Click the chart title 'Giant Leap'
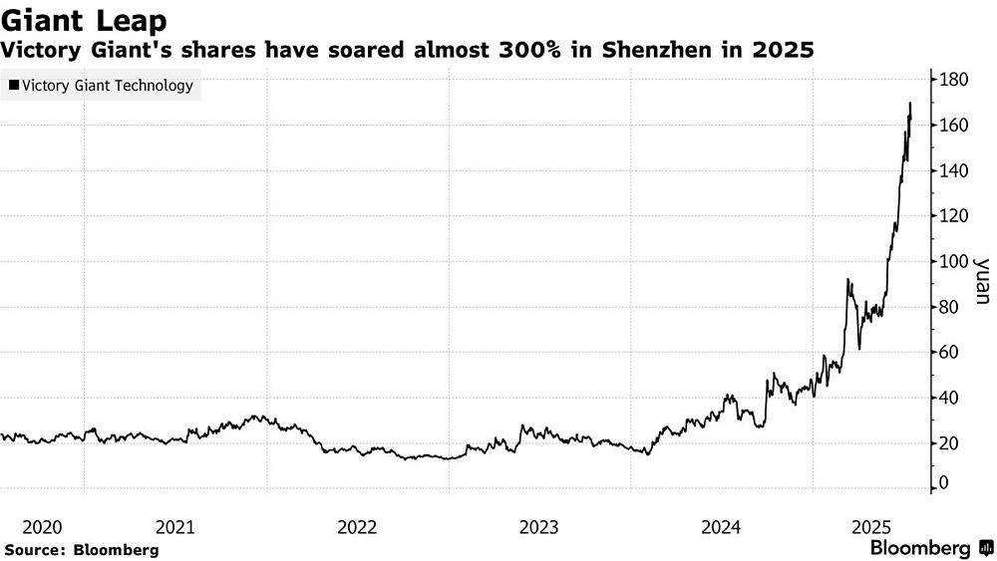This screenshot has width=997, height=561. coord(84,19)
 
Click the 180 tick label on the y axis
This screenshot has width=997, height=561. coord(954,80)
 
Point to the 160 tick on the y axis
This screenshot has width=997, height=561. coord(954,126)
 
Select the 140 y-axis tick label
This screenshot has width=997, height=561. coord(954,171)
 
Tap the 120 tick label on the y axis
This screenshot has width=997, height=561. coord(954,216)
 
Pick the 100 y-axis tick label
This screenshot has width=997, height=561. coord(954,262)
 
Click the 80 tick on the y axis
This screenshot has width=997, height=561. coord(950,307)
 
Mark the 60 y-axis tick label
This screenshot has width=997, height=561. coord(950,353)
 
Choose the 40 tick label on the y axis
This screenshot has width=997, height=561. coord(950,399)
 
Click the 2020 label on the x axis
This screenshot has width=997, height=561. coord(41,526)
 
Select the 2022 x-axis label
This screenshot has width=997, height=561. coord(357,526)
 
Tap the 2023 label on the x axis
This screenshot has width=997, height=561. coord(539,526)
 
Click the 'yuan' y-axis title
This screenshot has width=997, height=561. coord(981,281)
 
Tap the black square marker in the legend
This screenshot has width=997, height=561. coord(13,86)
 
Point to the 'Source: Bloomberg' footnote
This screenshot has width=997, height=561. coord(82,549)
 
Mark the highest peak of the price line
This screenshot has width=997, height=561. coord(910,103)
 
